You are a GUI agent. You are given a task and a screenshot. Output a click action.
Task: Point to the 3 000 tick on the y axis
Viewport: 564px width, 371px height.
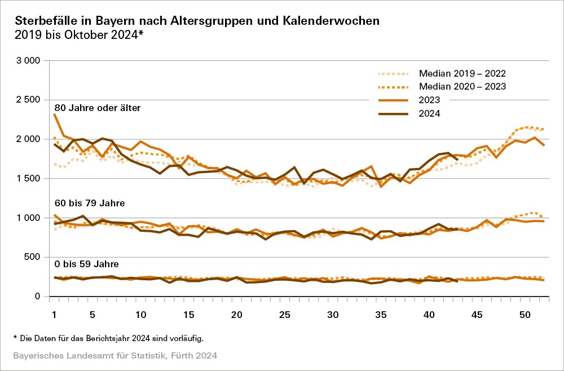[x=27, y=60]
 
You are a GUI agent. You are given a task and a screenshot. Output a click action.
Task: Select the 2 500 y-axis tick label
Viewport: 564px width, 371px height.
[x=27, y=100]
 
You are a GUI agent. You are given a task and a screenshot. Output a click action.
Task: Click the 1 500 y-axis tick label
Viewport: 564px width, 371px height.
[x=27, y=178]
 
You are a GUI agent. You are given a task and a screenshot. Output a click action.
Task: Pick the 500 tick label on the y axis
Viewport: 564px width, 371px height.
[x=32, y=257]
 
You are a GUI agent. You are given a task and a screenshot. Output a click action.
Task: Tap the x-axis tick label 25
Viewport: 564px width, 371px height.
[x=285, y=314]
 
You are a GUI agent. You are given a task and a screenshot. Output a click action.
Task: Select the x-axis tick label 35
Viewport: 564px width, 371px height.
[x=381, y=314]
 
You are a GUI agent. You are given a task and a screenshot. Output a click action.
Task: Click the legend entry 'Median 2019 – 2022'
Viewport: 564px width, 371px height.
[x=462, y=73]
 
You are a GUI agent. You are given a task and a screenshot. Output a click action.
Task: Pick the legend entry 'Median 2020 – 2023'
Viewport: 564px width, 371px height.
[x=462, y=86]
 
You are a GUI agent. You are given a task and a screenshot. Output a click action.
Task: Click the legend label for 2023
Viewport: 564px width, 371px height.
[x=429, y=100]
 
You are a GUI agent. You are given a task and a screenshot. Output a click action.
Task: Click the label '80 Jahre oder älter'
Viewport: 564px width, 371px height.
[x=97, y=108]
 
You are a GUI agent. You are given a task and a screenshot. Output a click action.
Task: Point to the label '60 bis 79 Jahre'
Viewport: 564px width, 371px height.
[x=89, y=202]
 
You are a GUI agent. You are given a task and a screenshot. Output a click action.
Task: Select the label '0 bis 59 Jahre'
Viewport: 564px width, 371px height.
[x=87, y=264]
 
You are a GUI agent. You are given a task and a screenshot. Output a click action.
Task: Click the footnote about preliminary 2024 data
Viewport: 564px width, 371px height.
[x=108, y=338]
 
